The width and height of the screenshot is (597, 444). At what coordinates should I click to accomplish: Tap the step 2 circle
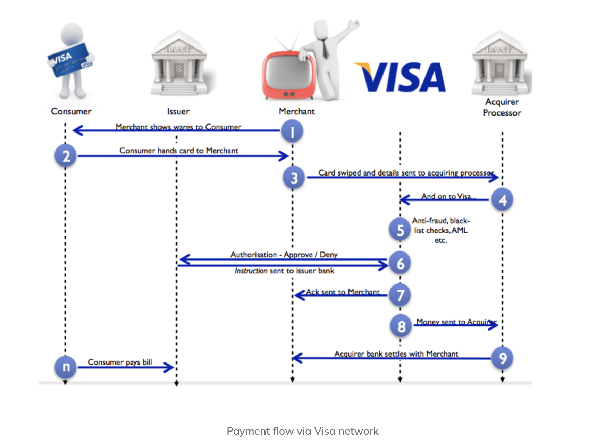click(x=66, y=156)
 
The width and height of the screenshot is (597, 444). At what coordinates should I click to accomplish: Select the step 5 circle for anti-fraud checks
click(x=400, y=230)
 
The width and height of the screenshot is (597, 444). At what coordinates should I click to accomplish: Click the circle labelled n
click(x=66, y=367)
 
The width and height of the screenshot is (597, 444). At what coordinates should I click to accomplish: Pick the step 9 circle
click(x=502, y=358)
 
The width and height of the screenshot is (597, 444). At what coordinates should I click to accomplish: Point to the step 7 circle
click(x=400, y=295)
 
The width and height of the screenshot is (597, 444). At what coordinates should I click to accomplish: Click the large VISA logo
click(x=400, y=77)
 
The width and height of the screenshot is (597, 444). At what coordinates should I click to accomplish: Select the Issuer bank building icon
click(x=179, y=64)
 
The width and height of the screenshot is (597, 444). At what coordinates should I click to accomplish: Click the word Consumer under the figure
click(x=71, y=111)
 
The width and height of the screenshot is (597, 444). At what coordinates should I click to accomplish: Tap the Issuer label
click(x=178, y=111)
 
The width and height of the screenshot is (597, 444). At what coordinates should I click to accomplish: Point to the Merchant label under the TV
click(x=297, y=111)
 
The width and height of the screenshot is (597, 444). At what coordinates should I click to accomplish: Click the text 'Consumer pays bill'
click(x=120, y=362)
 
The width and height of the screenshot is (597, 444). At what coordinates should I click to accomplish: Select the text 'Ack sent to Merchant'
click(x=343, y=292)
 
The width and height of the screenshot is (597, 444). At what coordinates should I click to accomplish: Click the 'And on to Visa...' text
click(x=448, y=196)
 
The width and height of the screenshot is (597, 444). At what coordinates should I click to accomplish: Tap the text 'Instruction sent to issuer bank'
click(x=284, y=271)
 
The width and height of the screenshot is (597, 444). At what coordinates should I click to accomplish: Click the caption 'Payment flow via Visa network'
click(x=302, y=431)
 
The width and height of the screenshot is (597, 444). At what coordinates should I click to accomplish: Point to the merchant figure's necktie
click(x=325, y=49)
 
